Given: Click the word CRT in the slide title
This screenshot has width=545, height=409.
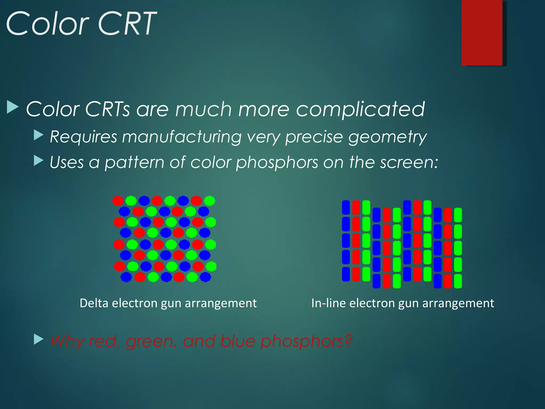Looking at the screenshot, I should coord(127,24).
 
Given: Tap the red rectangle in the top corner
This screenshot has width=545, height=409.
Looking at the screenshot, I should coord(482,32).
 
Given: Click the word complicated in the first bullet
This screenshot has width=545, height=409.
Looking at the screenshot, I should coord(360,109).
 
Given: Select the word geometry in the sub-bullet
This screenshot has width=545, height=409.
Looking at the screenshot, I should coord(387,137).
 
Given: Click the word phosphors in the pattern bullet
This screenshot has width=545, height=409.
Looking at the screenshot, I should coord(277,163).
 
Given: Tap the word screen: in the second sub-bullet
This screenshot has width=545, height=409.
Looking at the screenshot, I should coord(409,162).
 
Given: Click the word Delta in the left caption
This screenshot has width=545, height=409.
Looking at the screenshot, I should coord(94,303).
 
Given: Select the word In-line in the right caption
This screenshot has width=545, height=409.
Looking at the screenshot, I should coord(328,303).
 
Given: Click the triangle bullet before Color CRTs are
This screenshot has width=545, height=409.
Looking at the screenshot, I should coord(12,107).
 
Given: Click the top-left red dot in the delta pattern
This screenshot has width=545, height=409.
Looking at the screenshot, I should coord(118,201).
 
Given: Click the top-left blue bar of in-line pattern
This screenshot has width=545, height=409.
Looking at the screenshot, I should coord(346,207).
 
